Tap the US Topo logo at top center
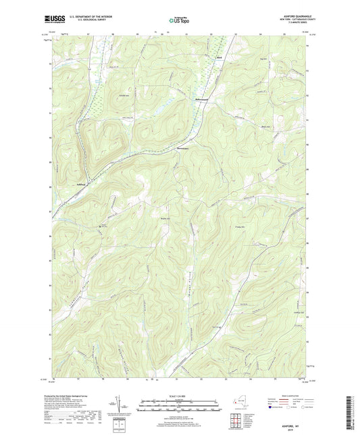pos(180,21)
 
